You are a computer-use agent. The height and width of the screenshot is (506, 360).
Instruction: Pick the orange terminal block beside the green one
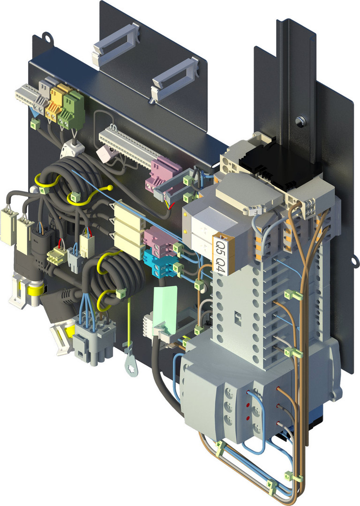pos(57,103)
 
